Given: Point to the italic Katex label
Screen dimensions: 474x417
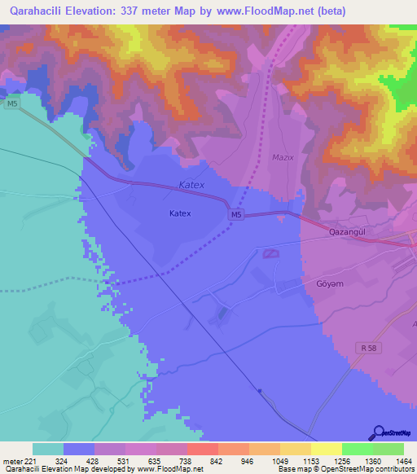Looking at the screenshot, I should click(x=191, y=186).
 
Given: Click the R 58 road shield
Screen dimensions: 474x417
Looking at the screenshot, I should click(x=368, y=348).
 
